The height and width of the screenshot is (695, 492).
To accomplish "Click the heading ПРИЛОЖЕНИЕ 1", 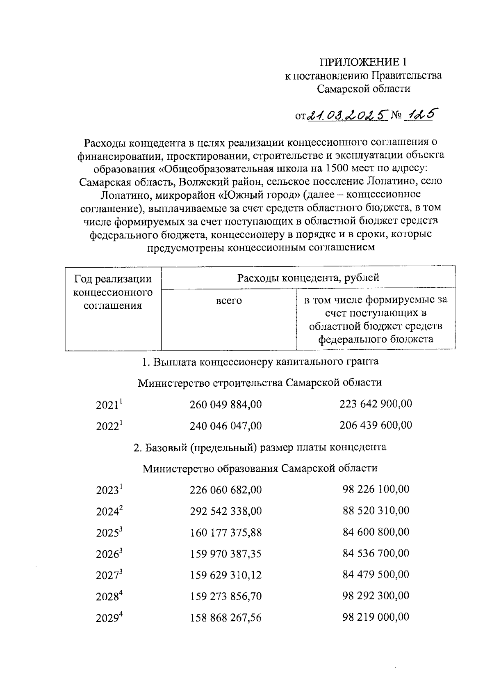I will click(364, 62).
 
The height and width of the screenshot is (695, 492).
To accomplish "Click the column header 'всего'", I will click(229, 300).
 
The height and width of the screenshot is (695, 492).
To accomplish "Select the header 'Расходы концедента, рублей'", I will click(308, 278).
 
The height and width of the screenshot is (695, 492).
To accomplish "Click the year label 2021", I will click(109, 405).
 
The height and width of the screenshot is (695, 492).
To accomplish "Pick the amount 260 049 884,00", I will click(225, 405).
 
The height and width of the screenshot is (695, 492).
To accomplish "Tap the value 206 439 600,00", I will click(376, 425).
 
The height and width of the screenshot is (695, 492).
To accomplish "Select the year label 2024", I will click(109, 511).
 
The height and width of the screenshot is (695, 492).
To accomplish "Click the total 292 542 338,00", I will click(225, 511).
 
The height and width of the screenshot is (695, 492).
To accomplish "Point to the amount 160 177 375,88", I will click(225, 532).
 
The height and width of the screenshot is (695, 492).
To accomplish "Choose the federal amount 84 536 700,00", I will click(376, 553).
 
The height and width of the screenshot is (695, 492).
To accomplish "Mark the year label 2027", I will click(109, 575).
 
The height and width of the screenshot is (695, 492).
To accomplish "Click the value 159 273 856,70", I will click(225, 596).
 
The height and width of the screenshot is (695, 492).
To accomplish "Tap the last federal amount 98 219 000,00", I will click(376, 617).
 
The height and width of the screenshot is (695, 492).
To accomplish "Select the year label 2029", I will click(109, 618).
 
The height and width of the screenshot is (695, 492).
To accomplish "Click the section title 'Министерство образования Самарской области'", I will click(260, 468).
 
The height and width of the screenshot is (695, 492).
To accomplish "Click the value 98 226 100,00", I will click(376, 489).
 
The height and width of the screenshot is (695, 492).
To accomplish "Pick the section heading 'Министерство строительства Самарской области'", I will click(260, 383).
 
